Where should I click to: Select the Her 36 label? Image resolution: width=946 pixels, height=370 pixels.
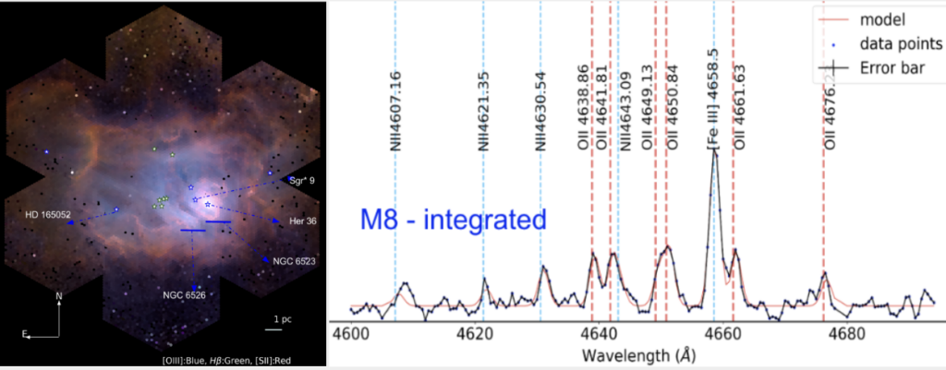[301, 221]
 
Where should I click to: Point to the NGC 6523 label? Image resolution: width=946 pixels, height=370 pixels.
[293, 262]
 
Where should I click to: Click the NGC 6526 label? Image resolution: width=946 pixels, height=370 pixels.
[185, 295]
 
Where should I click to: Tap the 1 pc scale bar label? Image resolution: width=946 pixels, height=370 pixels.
[282, 319]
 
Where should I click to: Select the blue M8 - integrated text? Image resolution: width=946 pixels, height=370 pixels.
[453, 220]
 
